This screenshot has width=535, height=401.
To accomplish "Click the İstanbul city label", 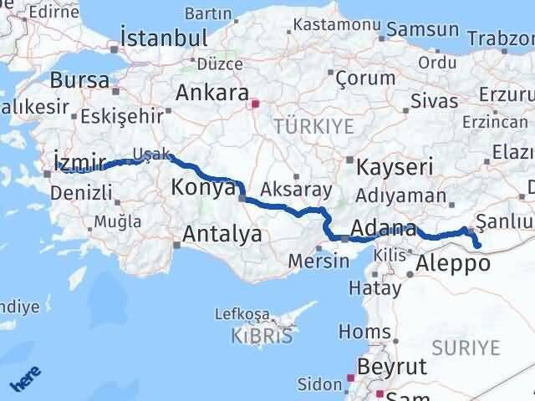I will (164, 38).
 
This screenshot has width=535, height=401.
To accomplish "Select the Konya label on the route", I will (203, 187).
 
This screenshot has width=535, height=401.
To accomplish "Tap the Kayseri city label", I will (395, 167).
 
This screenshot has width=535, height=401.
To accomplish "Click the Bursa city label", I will (79, 81).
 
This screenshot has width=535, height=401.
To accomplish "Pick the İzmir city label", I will (79, 160).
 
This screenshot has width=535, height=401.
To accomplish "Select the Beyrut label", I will (392, 367).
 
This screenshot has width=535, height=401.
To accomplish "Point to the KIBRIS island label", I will (264, 337).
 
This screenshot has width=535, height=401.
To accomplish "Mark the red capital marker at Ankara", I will (256, 104).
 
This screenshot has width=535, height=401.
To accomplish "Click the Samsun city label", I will (431, 29).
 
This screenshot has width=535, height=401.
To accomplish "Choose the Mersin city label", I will (318, 260).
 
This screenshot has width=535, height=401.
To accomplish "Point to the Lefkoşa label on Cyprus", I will (242, 314).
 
